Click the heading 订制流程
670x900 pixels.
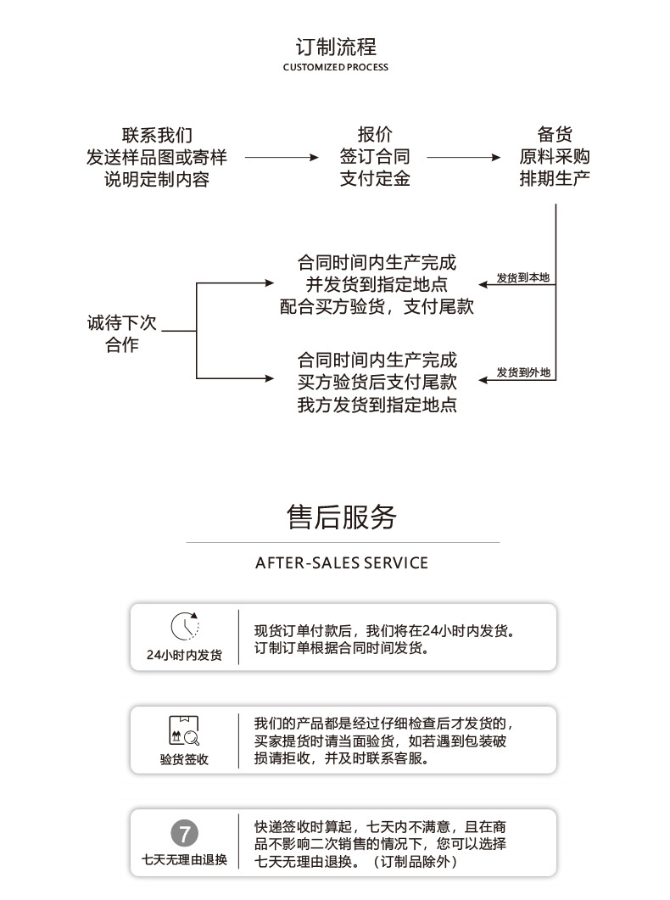(335, 47)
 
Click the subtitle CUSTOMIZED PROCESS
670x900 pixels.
(335, 67)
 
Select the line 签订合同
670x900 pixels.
(375, 157)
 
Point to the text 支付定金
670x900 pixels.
(375, 179)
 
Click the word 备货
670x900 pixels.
(555, 135)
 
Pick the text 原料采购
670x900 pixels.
(555, 157)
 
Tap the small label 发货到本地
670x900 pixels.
(523, 277)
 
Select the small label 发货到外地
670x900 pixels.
(523, 372)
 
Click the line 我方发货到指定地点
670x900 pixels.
(377, 405)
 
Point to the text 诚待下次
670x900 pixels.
(122, 323)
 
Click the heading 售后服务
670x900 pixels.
(342, 517)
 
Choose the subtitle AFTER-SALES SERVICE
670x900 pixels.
(342, 563)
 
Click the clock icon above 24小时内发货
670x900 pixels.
(184, 627)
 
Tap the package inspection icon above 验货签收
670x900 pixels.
(184, 729)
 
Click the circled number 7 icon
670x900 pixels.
(184, 832)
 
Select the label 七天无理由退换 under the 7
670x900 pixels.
(184, 859)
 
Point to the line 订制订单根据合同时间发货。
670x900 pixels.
(341, 649)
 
